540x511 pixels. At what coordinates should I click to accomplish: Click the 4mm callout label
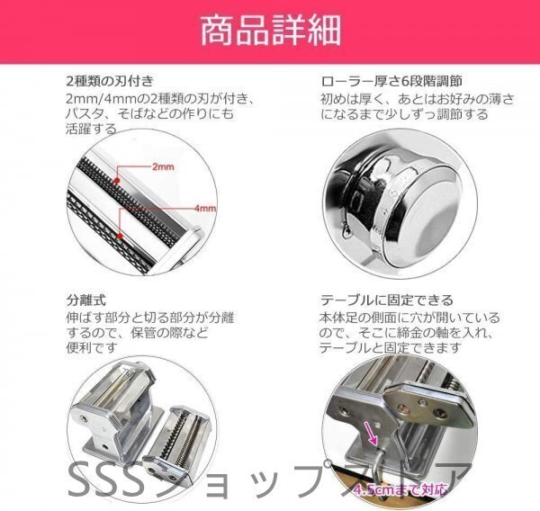(x=206, y=209)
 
